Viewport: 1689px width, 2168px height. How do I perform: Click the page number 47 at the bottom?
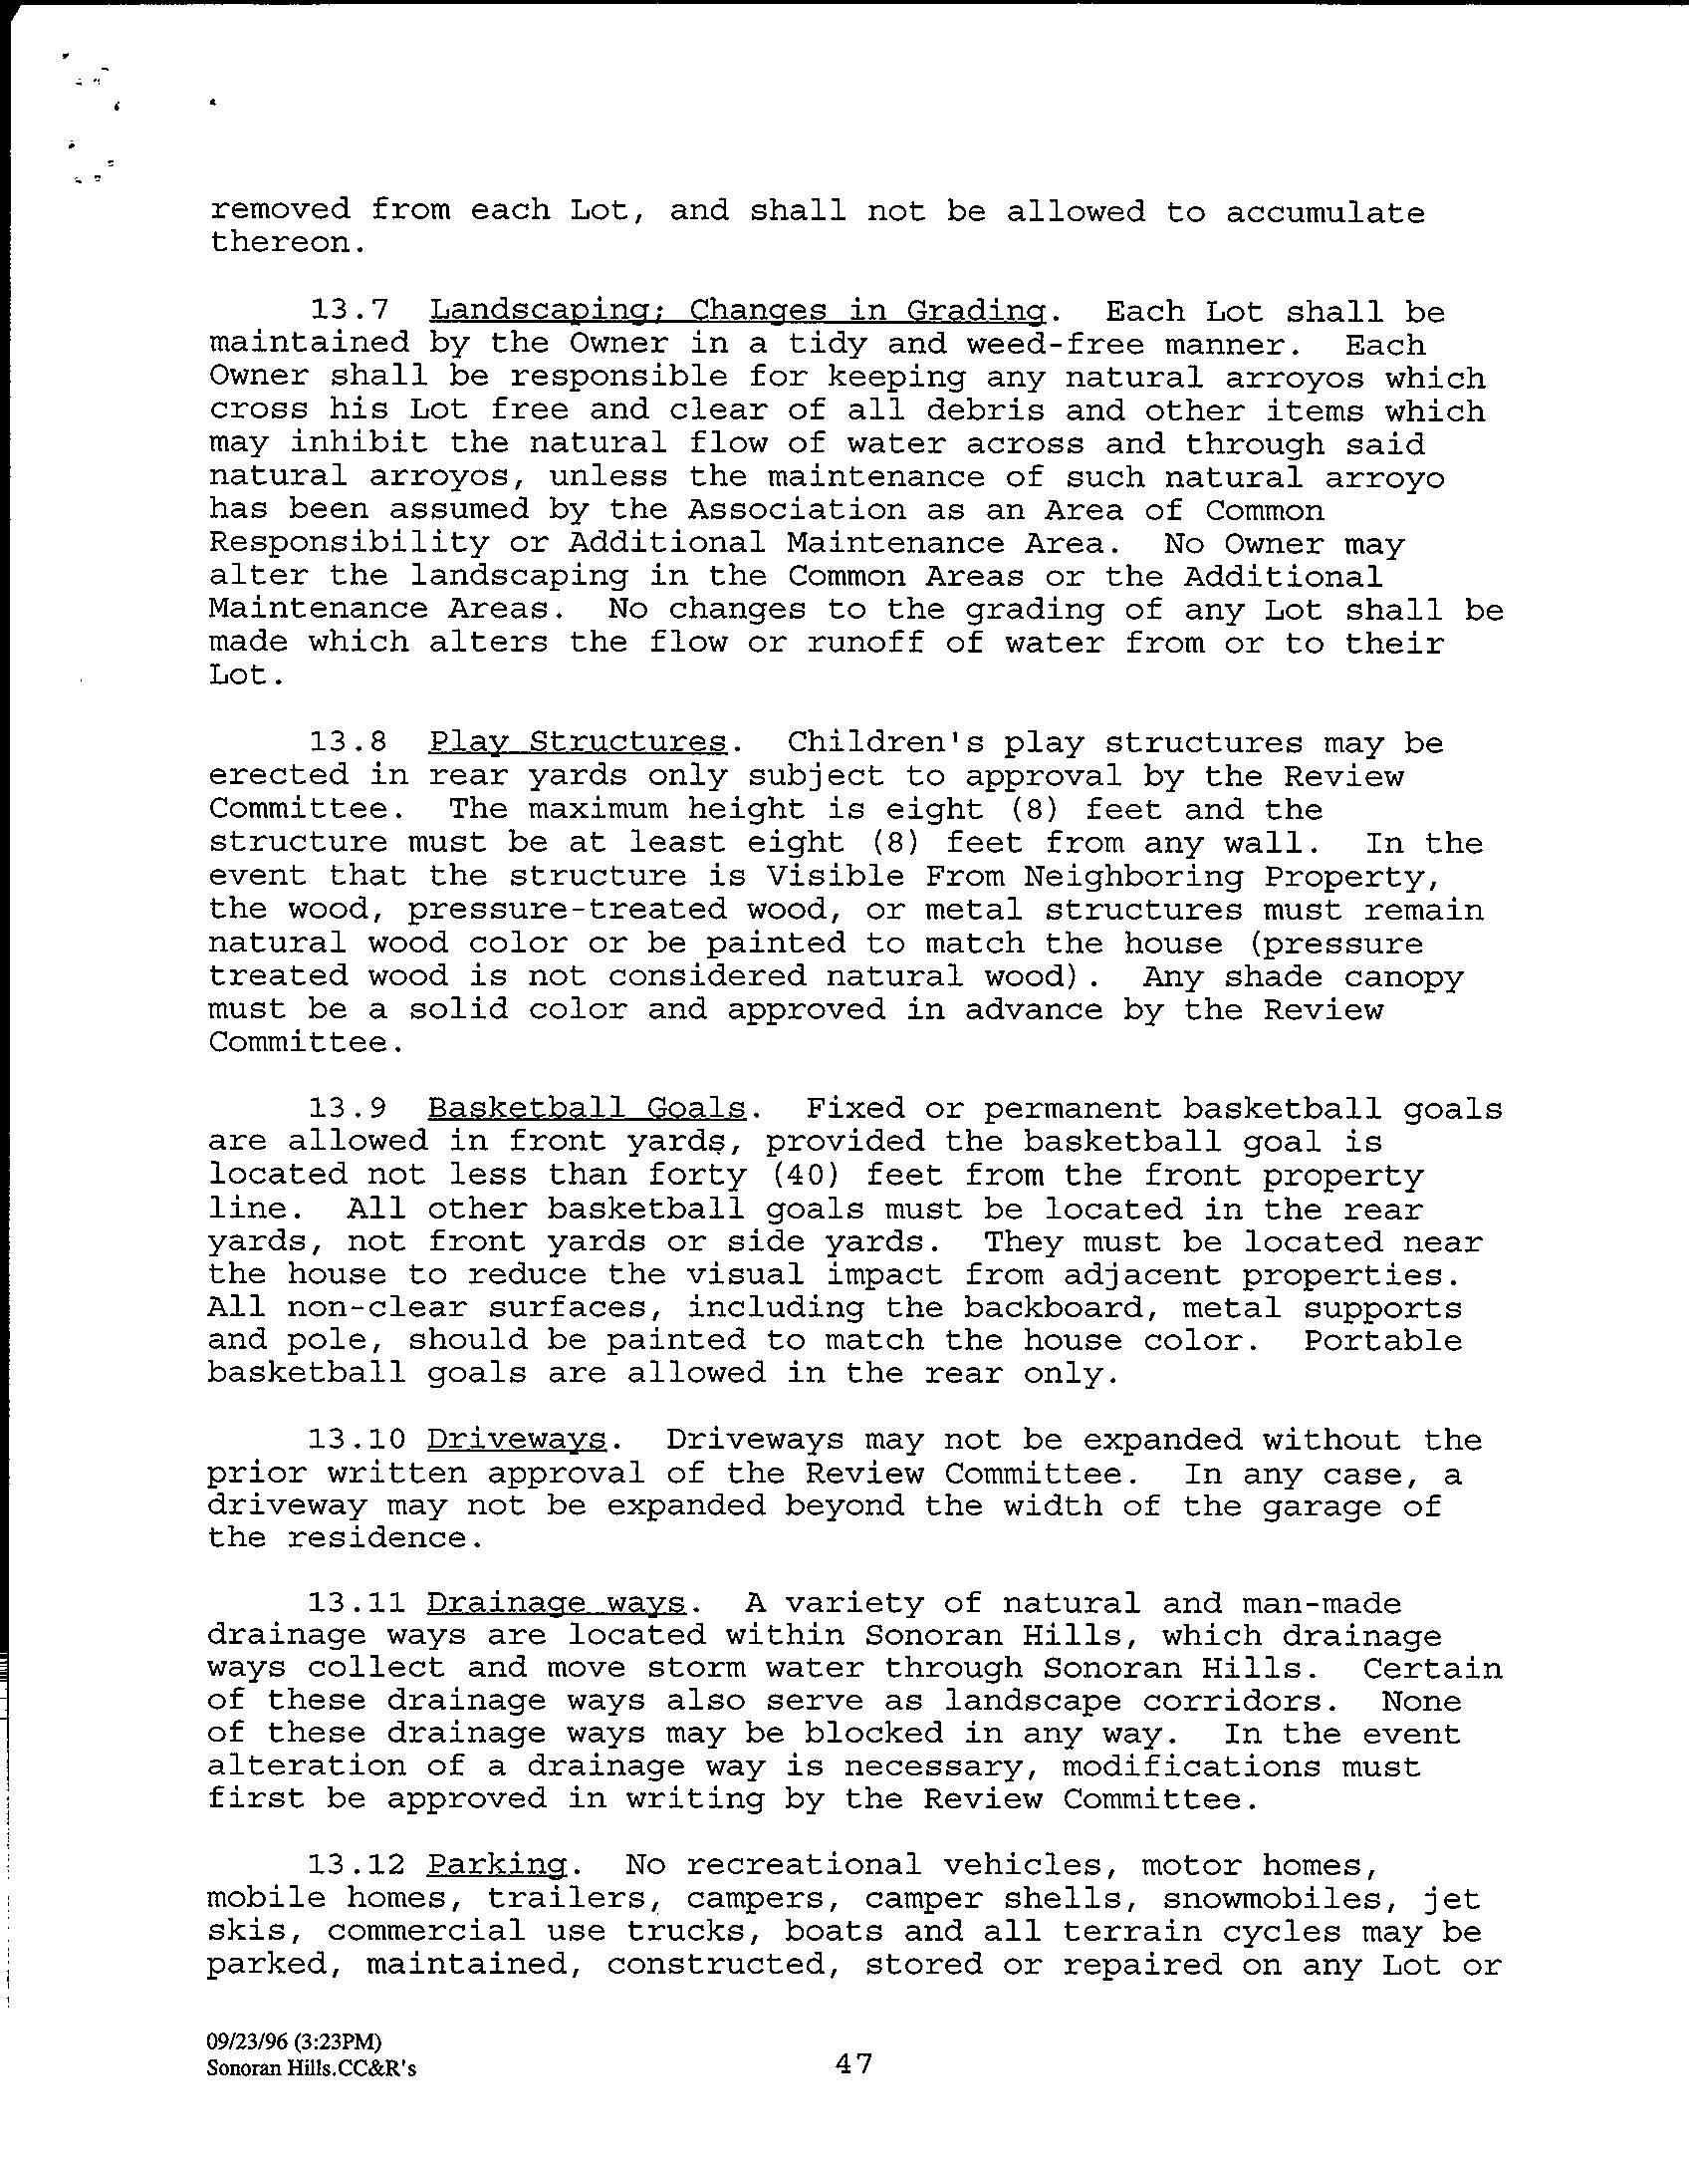[x=853, y=2063]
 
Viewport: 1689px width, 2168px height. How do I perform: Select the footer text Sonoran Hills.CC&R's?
[x=311, y=2067]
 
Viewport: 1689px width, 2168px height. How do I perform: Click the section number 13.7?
[x=348, y=311]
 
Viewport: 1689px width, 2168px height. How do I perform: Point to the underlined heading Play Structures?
[x=578, y=743]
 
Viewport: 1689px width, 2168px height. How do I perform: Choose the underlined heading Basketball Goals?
[x=587, y=1108]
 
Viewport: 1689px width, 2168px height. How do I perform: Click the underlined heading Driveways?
[x=517, y=1440]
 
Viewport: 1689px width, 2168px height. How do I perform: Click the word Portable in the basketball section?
[x=1382, y=1340]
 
